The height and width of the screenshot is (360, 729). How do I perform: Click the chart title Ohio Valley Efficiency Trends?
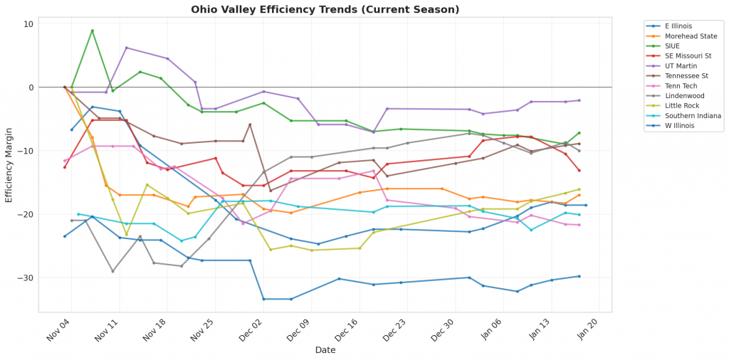[x=325, y=10]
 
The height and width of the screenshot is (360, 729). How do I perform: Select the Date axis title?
[x=325, y=350]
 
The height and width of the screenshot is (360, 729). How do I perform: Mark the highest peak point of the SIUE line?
[x=92, y=31]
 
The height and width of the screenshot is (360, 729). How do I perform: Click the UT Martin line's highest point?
[x=126, y=48]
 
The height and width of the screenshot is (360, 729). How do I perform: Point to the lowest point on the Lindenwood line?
[x=112, y=271]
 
